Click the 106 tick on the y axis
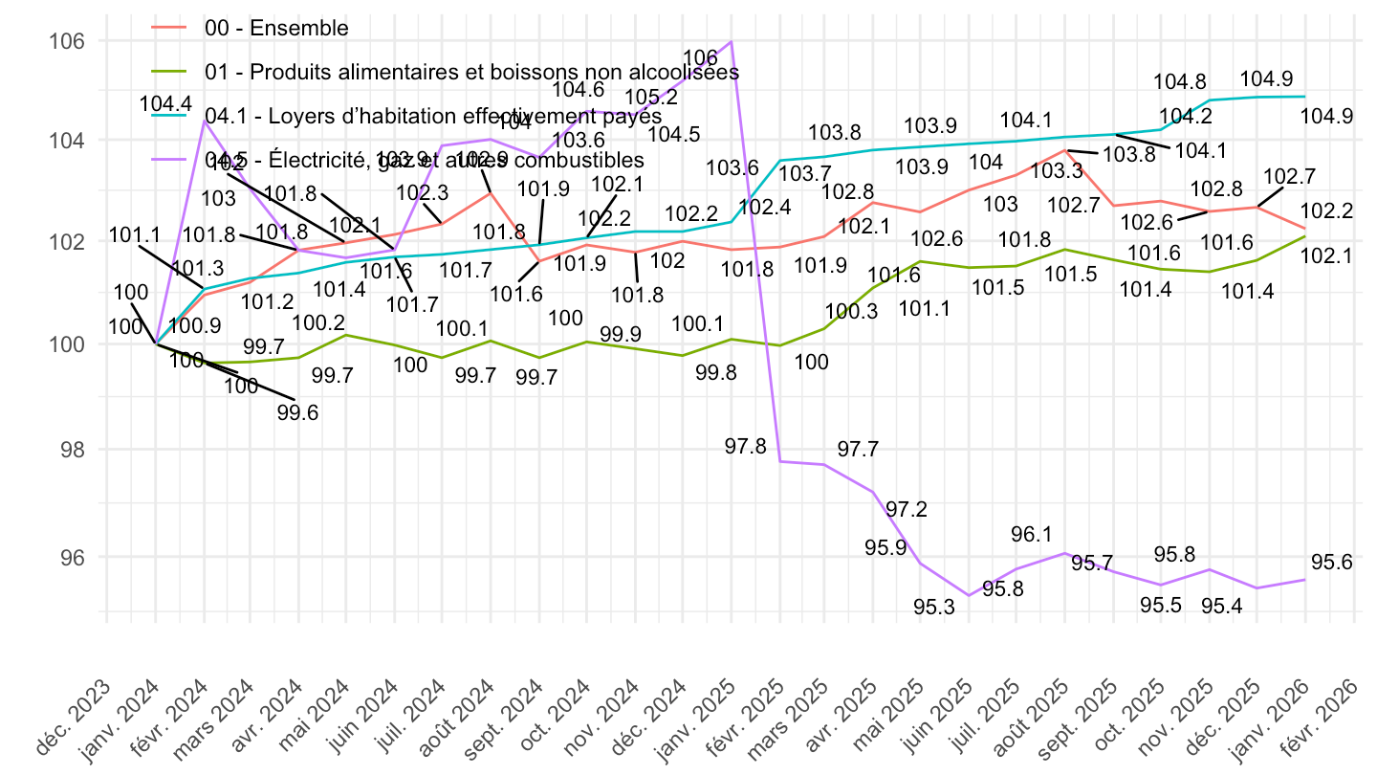[75, 41]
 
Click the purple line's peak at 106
[732, 41]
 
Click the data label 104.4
[165, 103]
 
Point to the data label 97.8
[746, 446]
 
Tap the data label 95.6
[1331, 563]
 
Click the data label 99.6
[297, 412]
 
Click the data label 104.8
[1180, 80]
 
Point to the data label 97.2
[906, 509]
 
